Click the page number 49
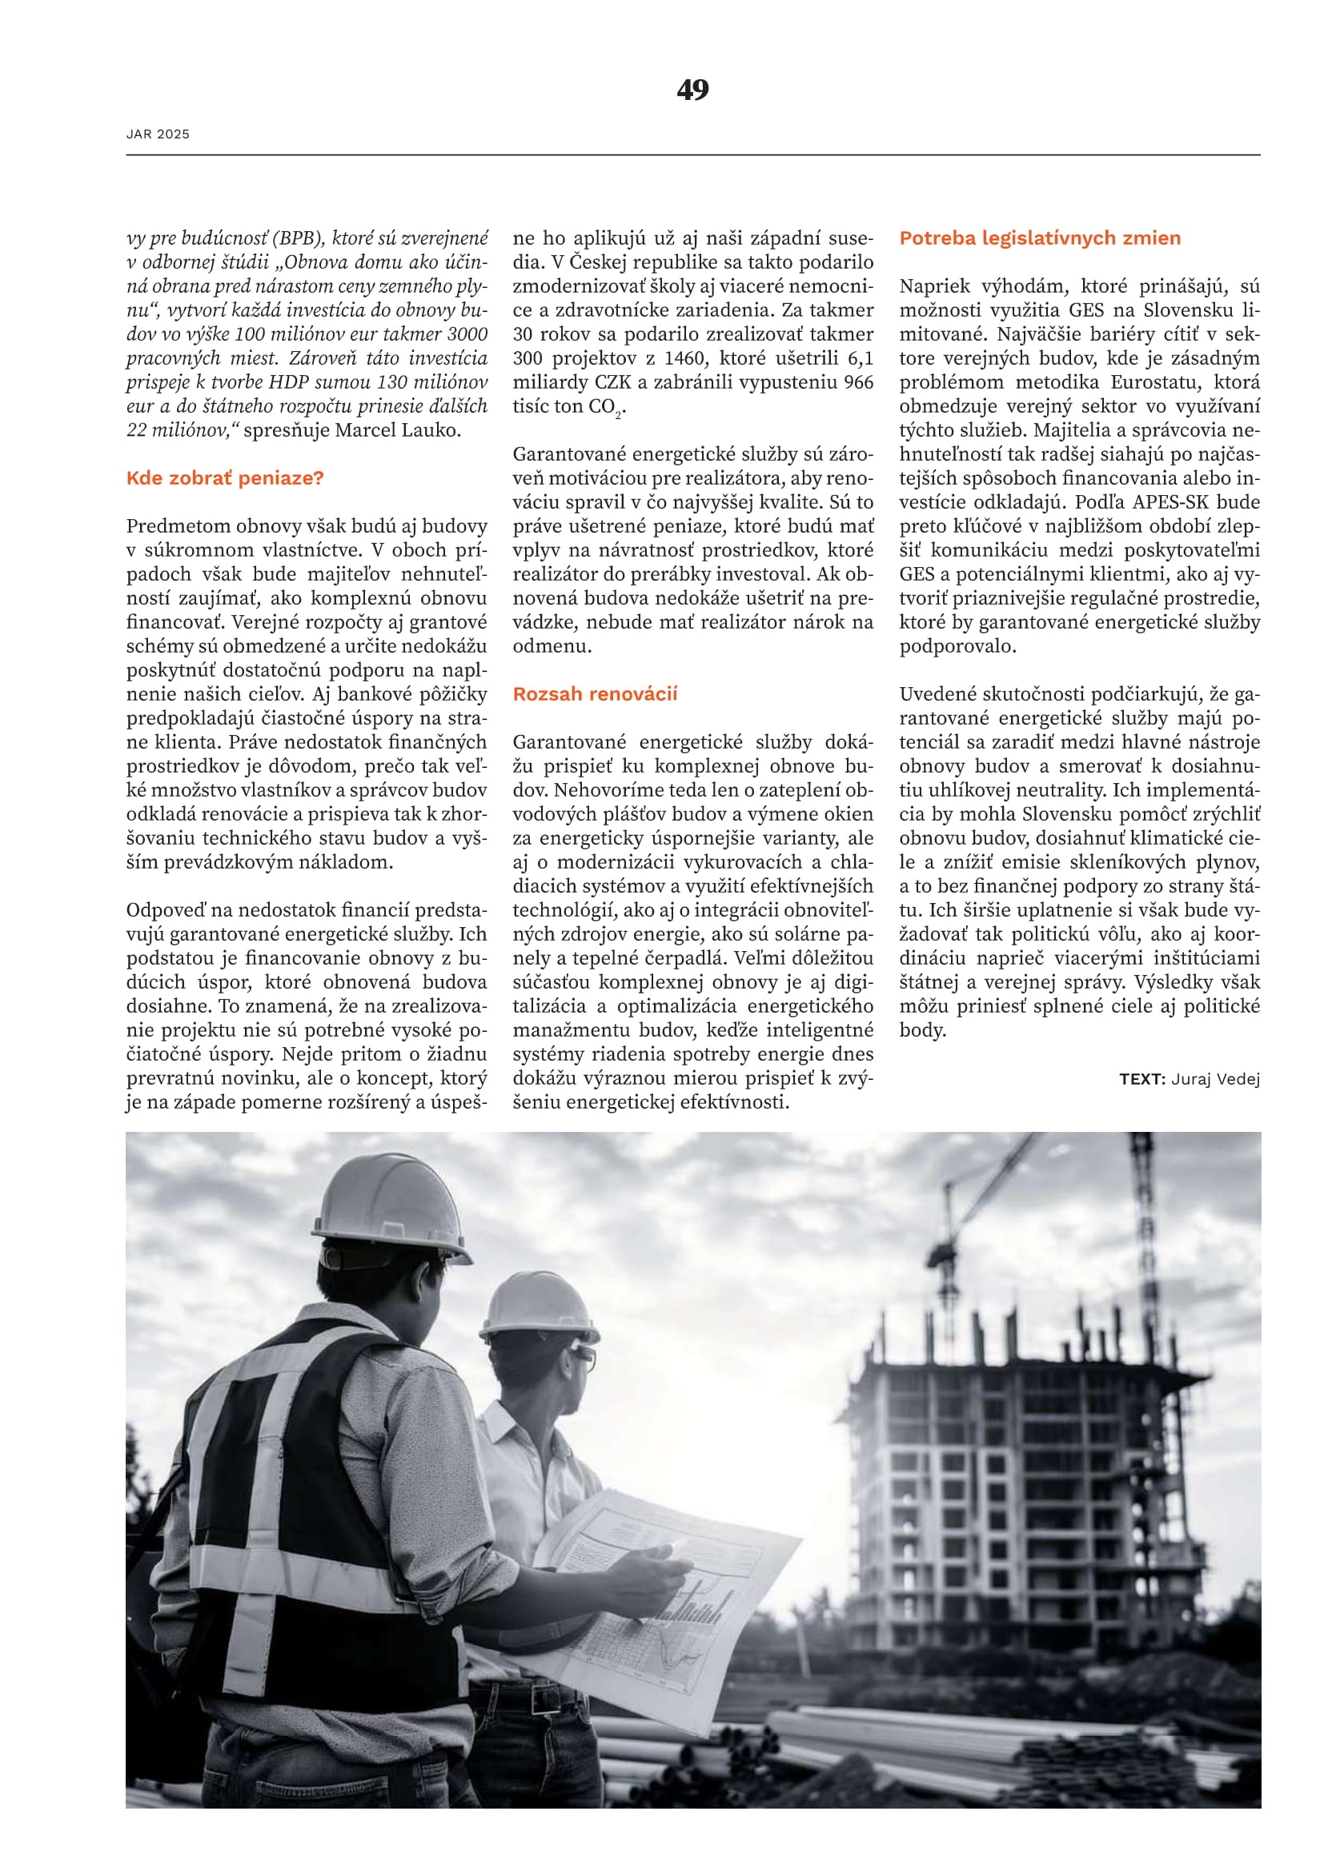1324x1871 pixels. pyautogui.click(x=692, y=90)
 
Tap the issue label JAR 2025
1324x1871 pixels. pyautogui.click(x=158, y=134)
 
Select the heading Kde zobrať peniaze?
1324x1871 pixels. pyautogui.click(x=225, y=478)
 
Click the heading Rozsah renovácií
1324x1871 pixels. pyautogui.click(x=594, y=694)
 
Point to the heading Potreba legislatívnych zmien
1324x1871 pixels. pyautogui.click(x=1040, y=238)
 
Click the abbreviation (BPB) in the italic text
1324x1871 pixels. pyautogui.click(x=299, y=238)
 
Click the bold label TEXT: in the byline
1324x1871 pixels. pyautogui.click(x=1142, y=1080)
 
